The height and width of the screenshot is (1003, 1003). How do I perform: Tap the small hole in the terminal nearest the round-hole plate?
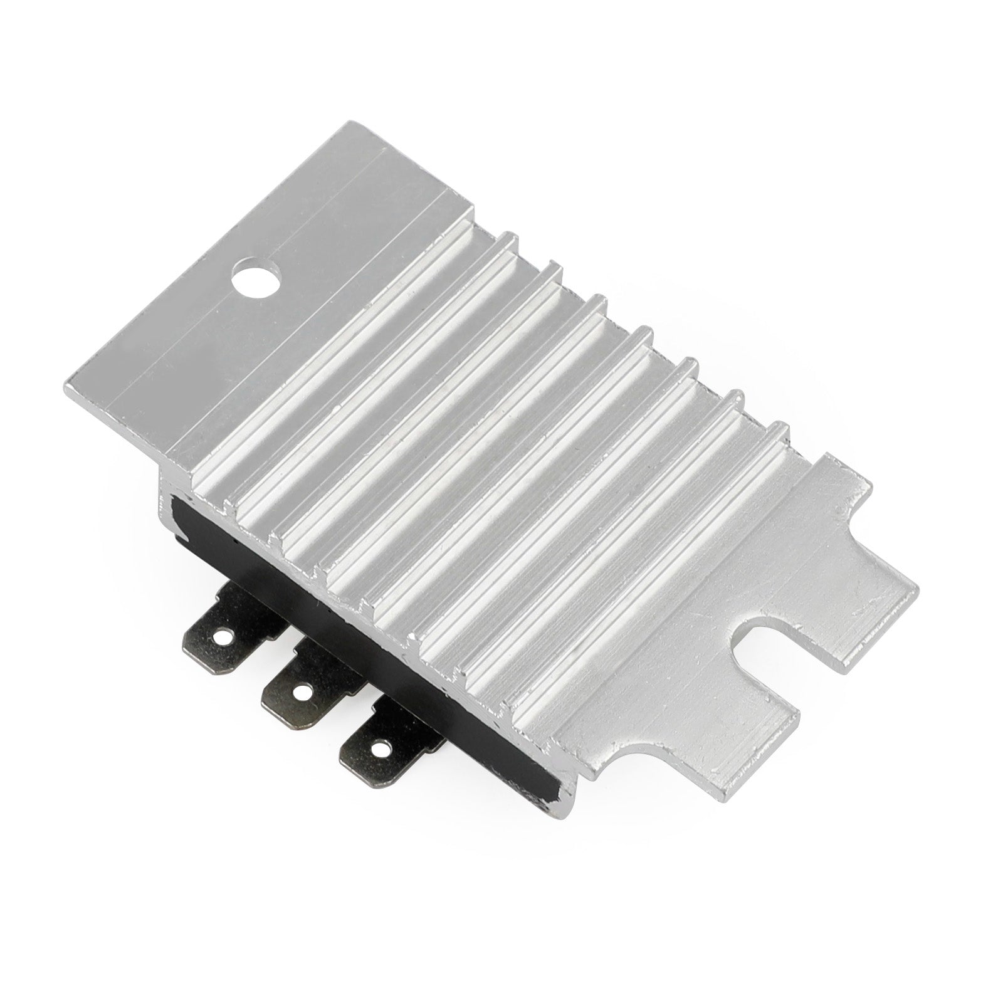tap(219, 635)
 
